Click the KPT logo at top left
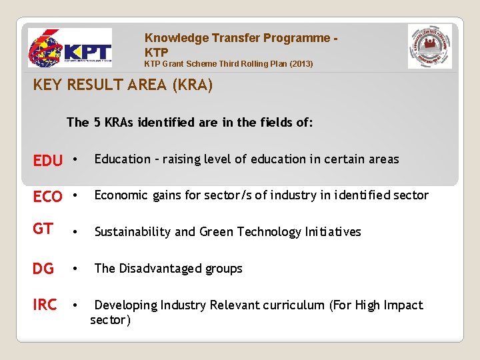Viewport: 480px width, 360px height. click(69, 48)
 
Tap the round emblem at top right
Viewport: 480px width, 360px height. click(429, 47)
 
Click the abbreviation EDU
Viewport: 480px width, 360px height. click(48, 161)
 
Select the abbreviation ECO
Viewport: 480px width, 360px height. click(48, 197)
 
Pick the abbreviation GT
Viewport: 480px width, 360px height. click(43, 229)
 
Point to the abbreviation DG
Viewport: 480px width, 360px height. click(43, 269)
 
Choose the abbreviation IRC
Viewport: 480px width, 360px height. click(45, 305)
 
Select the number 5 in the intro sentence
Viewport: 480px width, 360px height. click(97, 122)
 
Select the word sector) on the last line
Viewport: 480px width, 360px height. click(111, 320)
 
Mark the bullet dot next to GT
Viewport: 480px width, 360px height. click(76, 232)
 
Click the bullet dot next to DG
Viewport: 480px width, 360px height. click(76, 269)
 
